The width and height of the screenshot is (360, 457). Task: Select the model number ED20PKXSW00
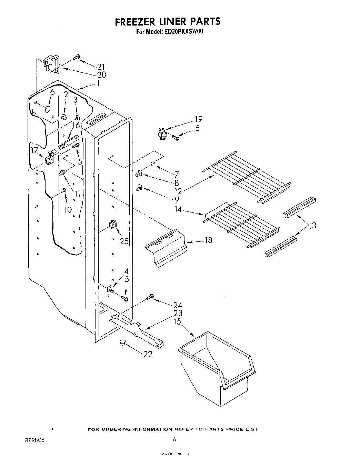tap(185, 32)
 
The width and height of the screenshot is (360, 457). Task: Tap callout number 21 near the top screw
tap(101, 67)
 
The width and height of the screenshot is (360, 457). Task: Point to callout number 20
tap(101, 75)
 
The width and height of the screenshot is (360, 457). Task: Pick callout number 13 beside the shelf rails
tap(312, 226)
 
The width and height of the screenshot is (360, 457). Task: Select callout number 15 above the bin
tap(177, 321)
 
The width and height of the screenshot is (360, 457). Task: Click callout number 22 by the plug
tap(148, 354)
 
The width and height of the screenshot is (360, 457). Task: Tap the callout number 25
tap(124, 241)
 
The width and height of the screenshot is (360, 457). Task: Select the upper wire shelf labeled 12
tap(247, 176)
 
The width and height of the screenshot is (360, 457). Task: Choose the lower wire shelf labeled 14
tap(241, 226)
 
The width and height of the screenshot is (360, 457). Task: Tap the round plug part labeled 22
tap(122, 342)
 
